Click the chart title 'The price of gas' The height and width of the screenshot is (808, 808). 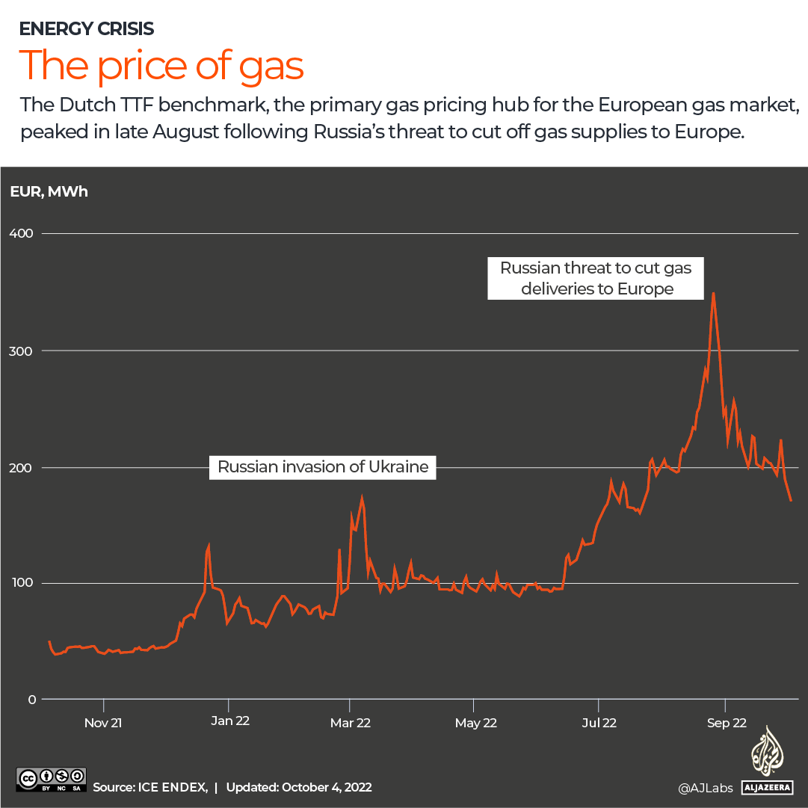pos(161,65)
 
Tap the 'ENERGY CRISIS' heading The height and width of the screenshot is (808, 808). pos(87,29)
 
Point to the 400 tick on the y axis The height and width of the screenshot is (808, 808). pos(22,233)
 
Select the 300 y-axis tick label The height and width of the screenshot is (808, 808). pos(22,351)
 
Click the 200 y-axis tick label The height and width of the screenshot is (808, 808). pos(22,467)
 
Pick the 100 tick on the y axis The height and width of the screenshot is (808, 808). pos(22,583)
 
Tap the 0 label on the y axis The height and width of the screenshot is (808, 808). pos(31,700)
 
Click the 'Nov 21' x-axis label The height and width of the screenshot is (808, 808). pos(103,723)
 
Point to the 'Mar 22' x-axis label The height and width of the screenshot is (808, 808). pos(351,723)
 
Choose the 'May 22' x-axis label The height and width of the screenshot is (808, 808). pos(476,723)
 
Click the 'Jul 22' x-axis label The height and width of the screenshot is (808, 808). pos(599,723)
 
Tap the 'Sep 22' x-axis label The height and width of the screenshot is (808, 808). pos(726,723)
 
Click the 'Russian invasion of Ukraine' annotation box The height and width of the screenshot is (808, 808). pos(323,467)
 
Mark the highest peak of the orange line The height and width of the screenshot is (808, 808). pos(714,293)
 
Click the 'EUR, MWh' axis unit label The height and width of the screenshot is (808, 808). pos(49,192)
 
